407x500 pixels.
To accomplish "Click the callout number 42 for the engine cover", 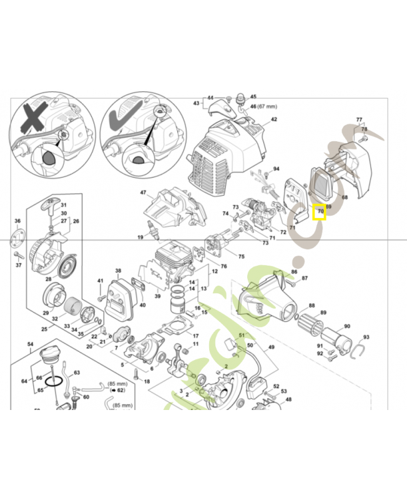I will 273,119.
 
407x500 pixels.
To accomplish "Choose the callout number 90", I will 347,326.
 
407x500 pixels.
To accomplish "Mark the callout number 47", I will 143,192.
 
